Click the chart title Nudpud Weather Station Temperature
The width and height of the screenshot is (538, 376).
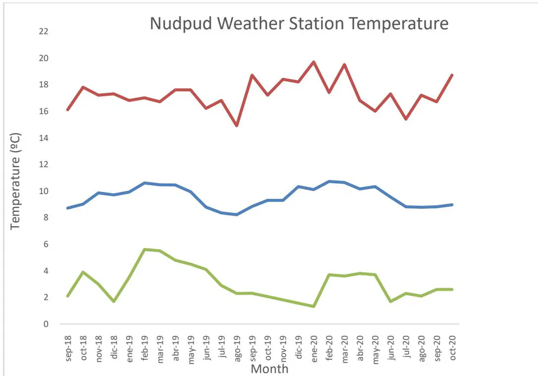(x=299, y=24)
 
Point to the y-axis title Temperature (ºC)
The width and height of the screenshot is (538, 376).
(x=15, y=181)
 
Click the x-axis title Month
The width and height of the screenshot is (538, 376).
(x=270, y=369)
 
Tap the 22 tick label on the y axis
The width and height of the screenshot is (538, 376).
(x=44, y=31)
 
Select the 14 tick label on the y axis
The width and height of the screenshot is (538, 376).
(x=44, y=138)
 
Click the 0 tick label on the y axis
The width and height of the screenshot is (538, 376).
(x=46, y=324)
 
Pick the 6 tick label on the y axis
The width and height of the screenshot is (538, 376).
(x=46, y=244)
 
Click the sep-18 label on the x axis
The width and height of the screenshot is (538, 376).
(x=68, y=349)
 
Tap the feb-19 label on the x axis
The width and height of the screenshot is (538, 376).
(x=145, y=348)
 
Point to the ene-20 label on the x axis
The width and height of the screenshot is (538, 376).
(x=314, y=349)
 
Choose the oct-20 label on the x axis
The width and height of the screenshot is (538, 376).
(x=453, y=348)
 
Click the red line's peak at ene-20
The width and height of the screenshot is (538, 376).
(x=314, y=62)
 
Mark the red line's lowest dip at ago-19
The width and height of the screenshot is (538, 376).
(x=236, y=126)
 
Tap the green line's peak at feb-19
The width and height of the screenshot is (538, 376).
(x=145, y=249)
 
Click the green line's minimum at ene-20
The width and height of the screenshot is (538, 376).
(x=314, y=306)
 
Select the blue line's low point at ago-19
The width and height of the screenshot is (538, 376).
(x=236, y=214)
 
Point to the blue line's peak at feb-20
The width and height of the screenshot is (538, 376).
(x=329, y=181)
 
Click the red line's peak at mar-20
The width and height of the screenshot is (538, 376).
(x=345, y=65)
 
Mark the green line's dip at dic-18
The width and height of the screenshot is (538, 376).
(x=114, y=301)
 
